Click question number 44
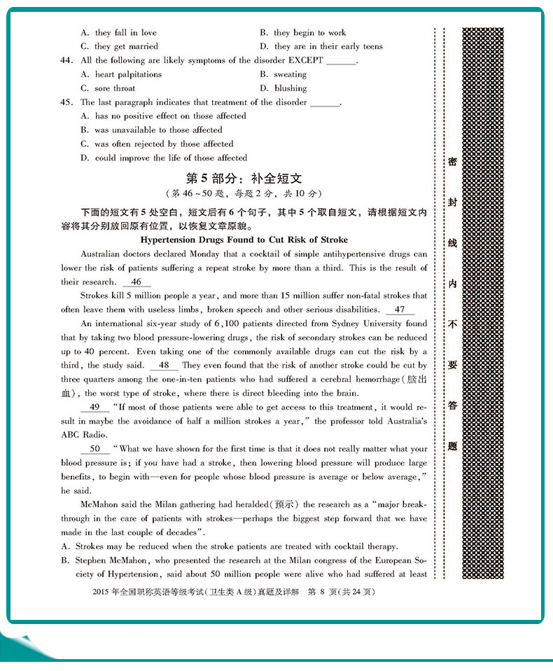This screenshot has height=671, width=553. click(67, 61)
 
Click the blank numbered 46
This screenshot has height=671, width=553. click(136, 282)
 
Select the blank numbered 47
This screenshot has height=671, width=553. click(399, 310)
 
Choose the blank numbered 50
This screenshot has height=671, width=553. click(95, 449)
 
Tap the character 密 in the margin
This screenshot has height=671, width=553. click(452, 162)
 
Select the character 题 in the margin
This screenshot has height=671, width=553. click(452, 445)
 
